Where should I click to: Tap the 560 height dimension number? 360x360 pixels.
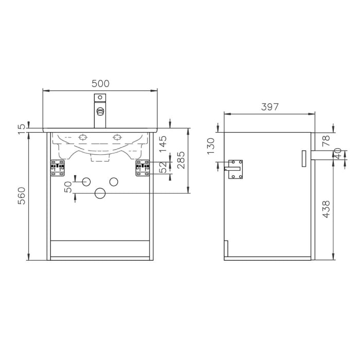pyautogui.click(x=22, y=195)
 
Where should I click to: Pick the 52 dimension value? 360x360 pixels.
pyautogui.click(x=163, y=168)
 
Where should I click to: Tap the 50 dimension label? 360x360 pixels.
pyautogui.click(x=68, y=187)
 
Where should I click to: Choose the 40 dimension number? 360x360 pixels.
pyautogui.click(x=338, y=154)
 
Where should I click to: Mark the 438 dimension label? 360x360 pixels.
pyautogui.click(x=326, y=209)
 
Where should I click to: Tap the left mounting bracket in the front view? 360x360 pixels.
pyautogui.click(x=58, y=168)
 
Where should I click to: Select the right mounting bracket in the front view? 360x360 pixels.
pyautogui.click(x=142, y=168)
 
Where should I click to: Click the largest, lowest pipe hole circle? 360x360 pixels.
pyautogui.click(x=100, y=193)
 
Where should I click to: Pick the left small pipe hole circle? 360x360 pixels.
pyautogui.click(x=86, y=181)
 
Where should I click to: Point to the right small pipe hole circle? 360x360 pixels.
pyautogui.click(x=114, y=181)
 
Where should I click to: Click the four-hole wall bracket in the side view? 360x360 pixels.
pyautogui.click(x=236, y=169)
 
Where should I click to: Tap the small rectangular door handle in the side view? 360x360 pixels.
pyautogui.click(x=303, y=158)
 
